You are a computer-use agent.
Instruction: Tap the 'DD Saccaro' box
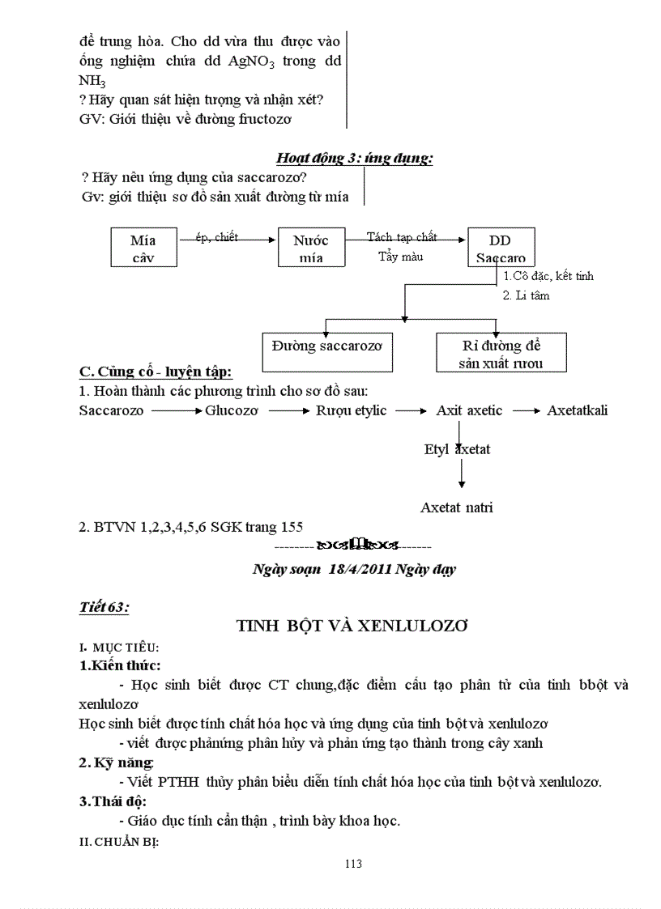500,248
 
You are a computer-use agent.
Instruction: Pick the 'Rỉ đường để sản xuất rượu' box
501,354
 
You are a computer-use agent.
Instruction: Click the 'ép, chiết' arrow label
217,237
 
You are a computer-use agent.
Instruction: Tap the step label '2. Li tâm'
526,295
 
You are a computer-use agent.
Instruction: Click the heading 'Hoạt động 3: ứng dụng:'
354,159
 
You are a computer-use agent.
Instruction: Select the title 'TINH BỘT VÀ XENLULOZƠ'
352,626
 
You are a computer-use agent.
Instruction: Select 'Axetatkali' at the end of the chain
578,410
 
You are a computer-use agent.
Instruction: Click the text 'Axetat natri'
457,508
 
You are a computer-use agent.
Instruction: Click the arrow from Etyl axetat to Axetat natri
461,473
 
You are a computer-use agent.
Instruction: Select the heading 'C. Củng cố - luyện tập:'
156,372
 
